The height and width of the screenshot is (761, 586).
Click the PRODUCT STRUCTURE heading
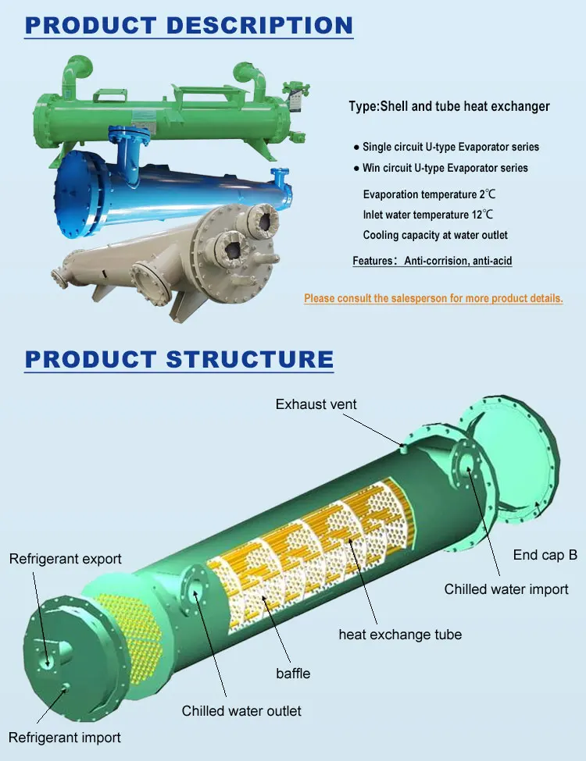[x=179, y=359]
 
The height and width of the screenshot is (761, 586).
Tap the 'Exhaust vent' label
[x=316, y=404]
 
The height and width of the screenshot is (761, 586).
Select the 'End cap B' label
[x=545, y=555]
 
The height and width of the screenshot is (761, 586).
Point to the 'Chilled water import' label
[x=506, y=589]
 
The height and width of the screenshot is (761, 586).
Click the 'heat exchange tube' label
[x=400, y=635]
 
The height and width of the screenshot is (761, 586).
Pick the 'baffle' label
[x=293, y=673]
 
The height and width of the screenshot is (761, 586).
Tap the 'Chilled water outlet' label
[x=241, y=711]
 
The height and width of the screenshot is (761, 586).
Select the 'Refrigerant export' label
[x=66, y=559]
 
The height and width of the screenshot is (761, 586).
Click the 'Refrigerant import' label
[x=65, y=738]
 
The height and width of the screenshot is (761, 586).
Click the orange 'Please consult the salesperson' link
[x=433, y=298]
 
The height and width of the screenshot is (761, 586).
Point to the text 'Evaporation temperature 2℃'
[x=428, y=194]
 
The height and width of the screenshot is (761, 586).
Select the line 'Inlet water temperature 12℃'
[x=428, y=214]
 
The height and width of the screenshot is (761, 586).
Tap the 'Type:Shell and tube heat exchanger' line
[x=449, y=106]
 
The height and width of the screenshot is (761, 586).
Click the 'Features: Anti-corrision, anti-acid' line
[x=432, y=261]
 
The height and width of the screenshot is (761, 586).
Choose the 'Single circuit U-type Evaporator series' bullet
[x=450, y=147]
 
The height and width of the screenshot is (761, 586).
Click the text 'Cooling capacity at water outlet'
[x=435, y=235]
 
